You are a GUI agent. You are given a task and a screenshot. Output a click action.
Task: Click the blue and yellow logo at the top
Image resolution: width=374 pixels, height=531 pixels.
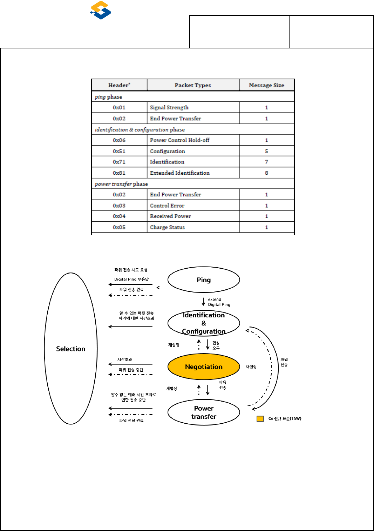click(101, 10)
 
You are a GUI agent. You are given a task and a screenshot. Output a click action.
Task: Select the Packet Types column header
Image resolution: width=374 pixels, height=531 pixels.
click(193, 85)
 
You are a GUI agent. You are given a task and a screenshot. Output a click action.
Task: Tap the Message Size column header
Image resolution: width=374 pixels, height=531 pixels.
click(266, 85)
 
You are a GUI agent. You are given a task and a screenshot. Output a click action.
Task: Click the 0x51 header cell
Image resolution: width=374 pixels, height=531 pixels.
click(119, 151)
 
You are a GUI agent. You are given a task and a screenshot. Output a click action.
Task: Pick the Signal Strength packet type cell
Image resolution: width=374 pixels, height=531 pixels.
click(169, 107)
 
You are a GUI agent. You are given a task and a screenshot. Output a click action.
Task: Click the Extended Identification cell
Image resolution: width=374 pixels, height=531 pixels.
click(180, 173)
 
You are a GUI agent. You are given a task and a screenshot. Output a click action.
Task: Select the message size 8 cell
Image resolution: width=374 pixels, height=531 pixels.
click(266, 173)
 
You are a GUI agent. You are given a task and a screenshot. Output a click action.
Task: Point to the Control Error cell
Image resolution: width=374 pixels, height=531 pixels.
click(167, 206)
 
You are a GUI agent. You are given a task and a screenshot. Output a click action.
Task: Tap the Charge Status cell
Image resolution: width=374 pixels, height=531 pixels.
click(167, 227)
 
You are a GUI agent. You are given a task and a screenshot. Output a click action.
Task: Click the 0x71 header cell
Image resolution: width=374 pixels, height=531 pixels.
click(119, 162)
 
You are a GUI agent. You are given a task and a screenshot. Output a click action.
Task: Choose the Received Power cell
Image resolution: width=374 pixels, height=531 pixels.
click(170, 216)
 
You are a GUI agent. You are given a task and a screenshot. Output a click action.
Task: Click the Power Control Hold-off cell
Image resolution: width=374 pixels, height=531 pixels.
click(179, 140)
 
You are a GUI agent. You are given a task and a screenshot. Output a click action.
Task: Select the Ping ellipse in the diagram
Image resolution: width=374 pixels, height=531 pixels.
click(204, 280)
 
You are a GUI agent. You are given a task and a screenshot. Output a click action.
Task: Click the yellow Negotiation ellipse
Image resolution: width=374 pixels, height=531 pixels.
click(204, 367)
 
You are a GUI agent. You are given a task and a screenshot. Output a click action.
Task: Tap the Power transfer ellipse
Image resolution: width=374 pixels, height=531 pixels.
click(204, 412)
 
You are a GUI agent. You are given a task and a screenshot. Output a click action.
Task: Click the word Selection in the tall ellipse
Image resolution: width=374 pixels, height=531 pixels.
click(71, 349)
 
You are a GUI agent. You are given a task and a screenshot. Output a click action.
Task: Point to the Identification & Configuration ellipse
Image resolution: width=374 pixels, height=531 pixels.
click(204, 323)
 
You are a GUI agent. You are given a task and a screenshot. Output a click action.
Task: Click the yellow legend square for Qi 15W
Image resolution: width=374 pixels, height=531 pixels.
click(260, 419)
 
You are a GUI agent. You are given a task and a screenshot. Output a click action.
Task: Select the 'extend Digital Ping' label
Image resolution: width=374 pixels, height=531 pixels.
click(219, 302)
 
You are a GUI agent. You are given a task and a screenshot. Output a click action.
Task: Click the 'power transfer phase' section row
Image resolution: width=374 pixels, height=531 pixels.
click(121, 184)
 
